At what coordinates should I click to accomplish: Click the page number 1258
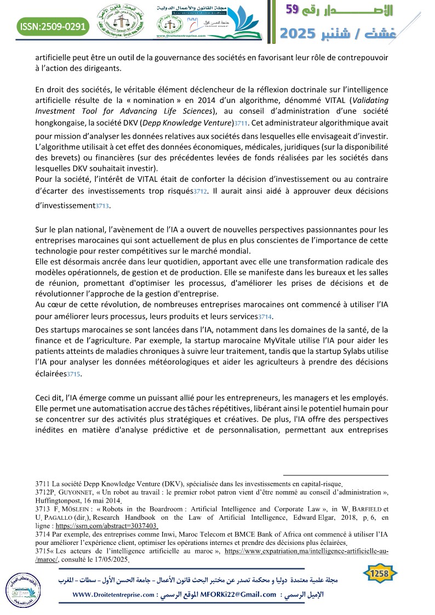click(x=381, y=573)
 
